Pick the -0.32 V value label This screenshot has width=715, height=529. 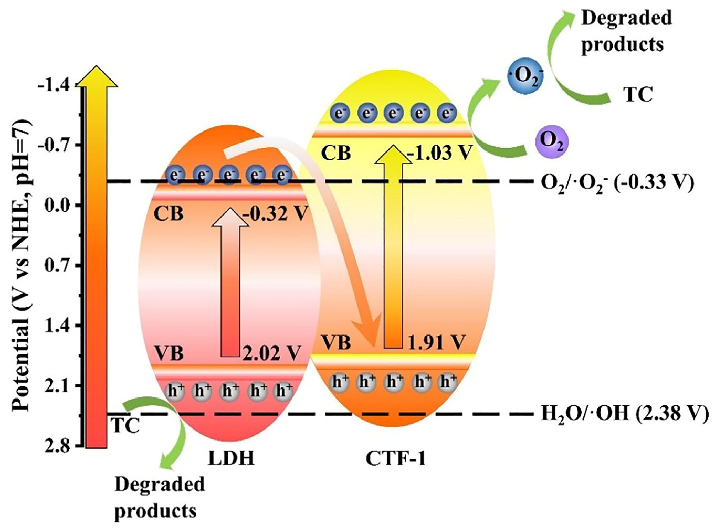(x=276, y=213)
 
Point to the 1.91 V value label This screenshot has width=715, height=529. (x=436, y=342)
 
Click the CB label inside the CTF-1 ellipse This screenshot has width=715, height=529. (x=336, y=153)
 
